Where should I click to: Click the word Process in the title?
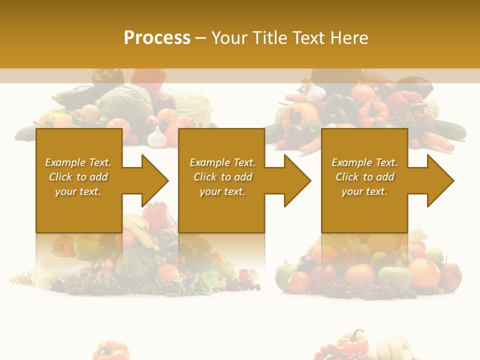(157, 38)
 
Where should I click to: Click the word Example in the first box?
(65, 162)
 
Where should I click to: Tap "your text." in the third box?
(364, 191)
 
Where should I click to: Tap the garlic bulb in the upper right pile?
(316, 93)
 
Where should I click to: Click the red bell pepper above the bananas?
(156, 214)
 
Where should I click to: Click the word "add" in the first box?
(98, 177)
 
